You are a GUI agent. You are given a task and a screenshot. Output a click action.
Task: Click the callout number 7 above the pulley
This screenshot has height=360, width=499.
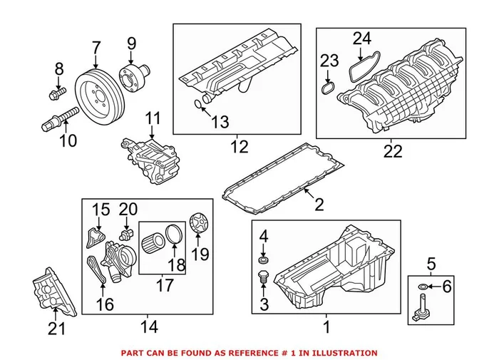pos(96,49)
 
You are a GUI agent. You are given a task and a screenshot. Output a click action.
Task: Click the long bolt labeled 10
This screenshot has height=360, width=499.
pos(62,115)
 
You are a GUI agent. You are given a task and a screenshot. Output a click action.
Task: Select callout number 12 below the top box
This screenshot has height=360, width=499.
pos(239,148)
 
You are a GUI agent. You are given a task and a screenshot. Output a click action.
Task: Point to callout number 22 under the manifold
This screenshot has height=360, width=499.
pos(392,151)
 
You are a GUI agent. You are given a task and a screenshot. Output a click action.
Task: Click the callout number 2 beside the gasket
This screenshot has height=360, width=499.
pos(319,205)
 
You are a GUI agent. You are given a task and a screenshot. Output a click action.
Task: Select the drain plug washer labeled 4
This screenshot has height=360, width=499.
pos(263,254)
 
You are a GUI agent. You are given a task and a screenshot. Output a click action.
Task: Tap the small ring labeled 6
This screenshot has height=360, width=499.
pos(425,287)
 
